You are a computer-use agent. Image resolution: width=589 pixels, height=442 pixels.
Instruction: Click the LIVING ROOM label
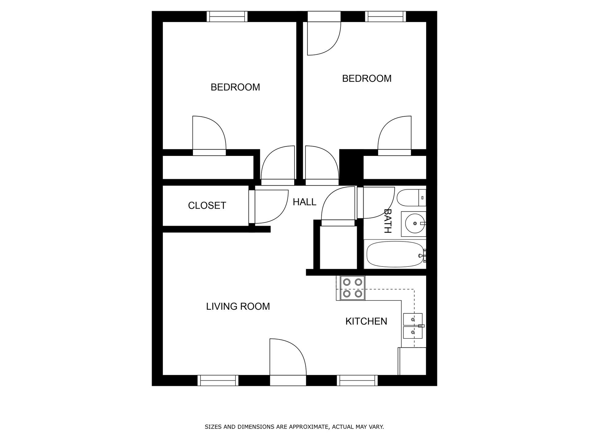point(238,306)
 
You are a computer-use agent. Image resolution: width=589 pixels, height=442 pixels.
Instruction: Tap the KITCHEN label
point(366,321)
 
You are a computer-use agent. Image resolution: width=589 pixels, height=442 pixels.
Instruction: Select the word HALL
point(304,202)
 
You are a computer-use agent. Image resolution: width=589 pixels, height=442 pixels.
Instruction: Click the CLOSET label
point(207,205)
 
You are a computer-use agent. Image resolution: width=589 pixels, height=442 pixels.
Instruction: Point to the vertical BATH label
point(388,221)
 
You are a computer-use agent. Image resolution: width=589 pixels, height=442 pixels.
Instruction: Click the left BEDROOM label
point(235,87)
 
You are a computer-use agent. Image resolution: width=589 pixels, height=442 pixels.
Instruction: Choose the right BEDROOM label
point(367,79)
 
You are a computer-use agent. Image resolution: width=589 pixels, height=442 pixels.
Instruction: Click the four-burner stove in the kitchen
point(352,288)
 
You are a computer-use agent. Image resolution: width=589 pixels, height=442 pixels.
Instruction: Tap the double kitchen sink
point(413,326)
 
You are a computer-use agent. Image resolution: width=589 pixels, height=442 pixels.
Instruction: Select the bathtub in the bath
point(395,254)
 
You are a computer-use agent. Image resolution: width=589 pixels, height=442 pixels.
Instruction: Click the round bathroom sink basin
point(415,223)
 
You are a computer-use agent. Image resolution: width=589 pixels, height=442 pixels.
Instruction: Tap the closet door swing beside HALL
point(270,206)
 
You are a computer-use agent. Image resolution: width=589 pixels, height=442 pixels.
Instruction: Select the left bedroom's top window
point(227,17)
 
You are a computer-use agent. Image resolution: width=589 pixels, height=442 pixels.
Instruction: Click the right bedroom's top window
point(385,17)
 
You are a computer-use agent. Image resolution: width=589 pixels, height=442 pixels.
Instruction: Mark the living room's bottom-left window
point(218,380)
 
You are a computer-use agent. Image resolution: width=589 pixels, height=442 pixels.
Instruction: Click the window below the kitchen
point(357,380)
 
